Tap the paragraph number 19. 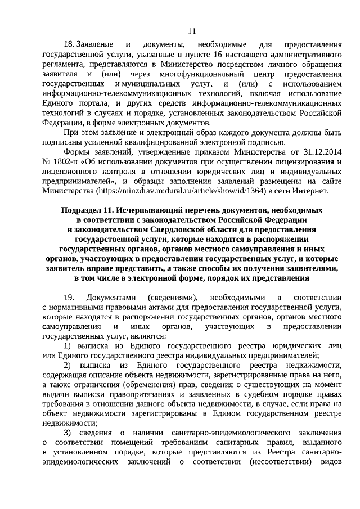[69, 296]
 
